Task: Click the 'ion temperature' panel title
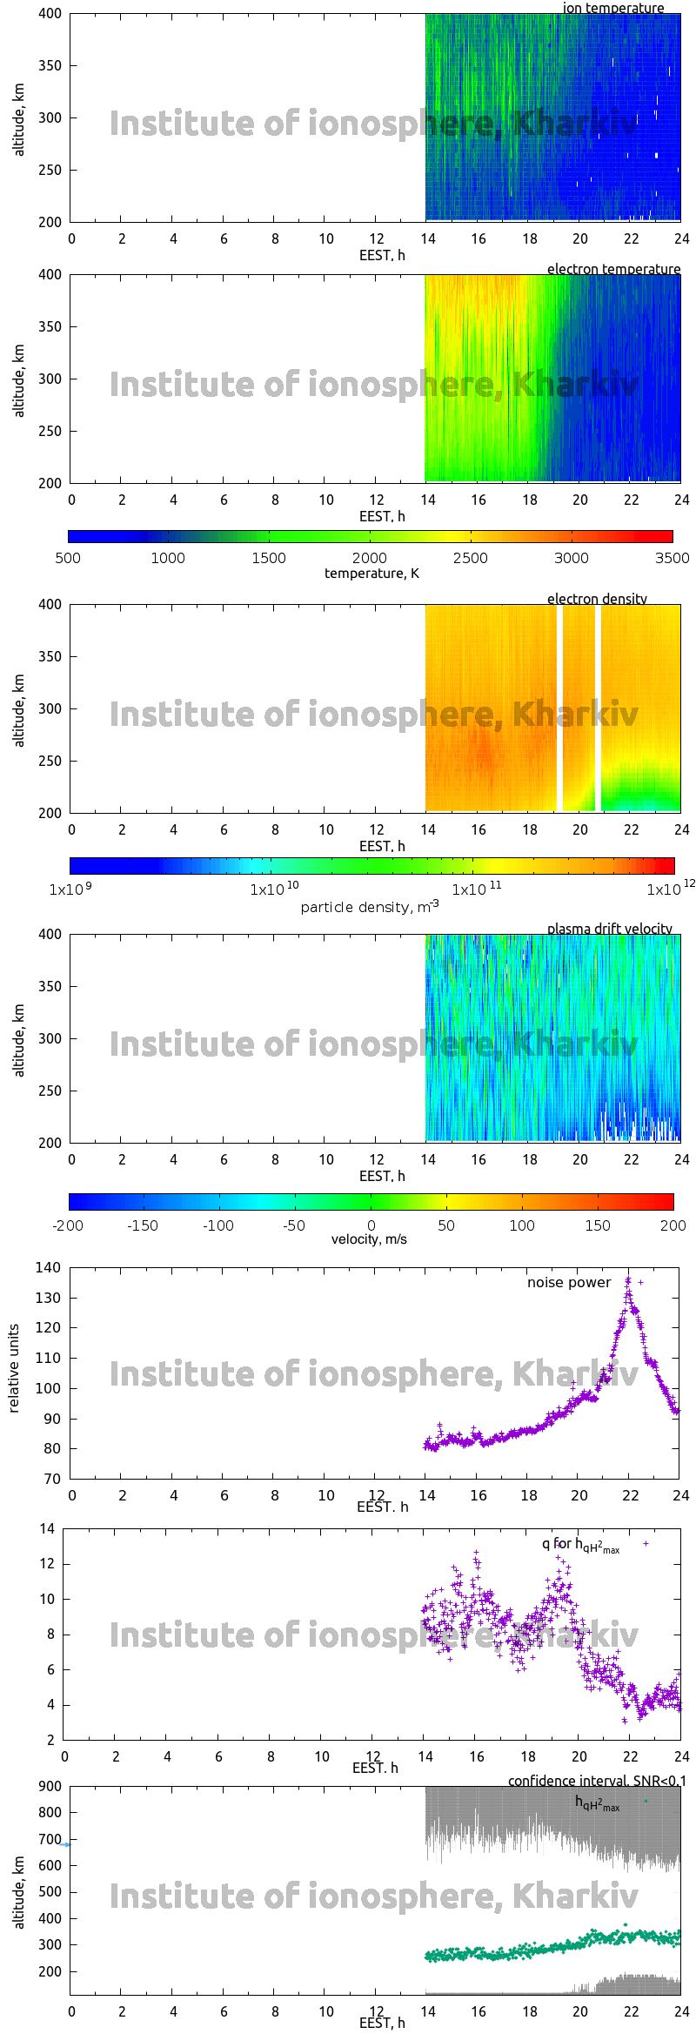612,8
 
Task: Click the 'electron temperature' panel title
613,269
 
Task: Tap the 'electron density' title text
597,599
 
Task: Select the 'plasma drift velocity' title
609,929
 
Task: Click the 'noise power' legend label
569,1282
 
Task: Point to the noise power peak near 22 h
628,1280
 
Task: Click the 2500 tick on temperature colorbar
470,558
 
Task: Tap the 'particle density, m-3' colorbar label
370,907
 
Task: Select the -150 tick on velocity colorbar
143,1225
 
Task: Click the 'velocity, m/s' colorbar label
369,1239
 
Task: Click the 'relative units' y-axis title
14,1368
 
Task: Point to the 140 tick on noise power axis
48,1267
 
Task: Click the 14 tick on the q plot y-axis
47,1528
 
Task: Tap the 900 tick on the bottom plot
50,1786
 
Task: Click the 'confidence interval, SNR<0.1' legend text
597,1781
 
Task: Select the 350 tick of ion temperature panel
50,65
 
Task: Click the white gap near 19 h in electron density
559,708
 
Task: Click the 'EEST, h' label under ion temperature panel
382,255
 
